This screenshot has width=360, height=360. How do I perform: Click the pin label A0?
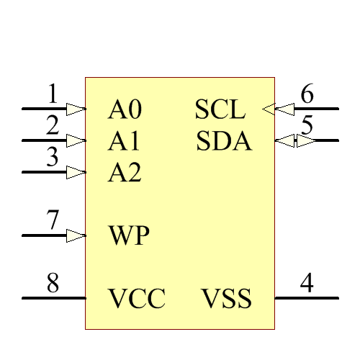(125, 110)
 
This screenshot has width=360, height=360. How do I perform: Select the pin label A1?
(125, 141)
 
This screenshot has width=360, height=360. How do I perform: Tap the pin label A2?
(125, 173)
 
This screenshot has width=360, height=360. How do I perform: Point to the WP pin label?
(129, 235)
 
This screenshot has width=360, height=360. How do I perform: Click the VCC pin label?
(137, 298)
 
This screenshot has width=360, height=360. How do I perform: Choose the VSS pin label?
(226, 298)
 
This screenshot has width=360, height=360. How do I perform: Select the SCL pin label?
(220, 110)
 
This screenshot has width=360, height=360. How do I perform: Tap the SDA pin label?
(224, 141)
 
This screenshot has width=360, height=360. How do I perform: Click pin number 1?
(53, 94)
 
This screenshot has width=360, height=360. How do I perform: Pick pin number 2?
(53, 125)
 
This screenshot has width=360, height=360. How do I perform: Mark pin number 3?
(53, 157)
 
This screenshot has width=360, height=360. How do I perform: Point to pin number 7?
(53, 220)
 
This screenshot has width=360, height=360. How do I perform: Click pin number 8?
(53, 283)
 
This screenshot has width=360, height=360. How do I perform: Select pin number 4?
(307, 283)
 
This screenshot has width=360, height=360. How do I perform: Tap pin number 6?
(307, 94)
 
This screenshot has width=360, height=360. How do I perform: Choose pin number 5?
(307, 125)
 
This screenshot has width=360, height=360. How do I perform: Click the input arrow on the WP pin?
(76, 235)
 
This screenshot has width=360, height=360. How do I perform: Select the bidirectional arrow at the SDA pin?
(295, 140)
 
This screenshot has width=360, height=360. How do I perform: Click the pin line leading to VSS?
(306, 298)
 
